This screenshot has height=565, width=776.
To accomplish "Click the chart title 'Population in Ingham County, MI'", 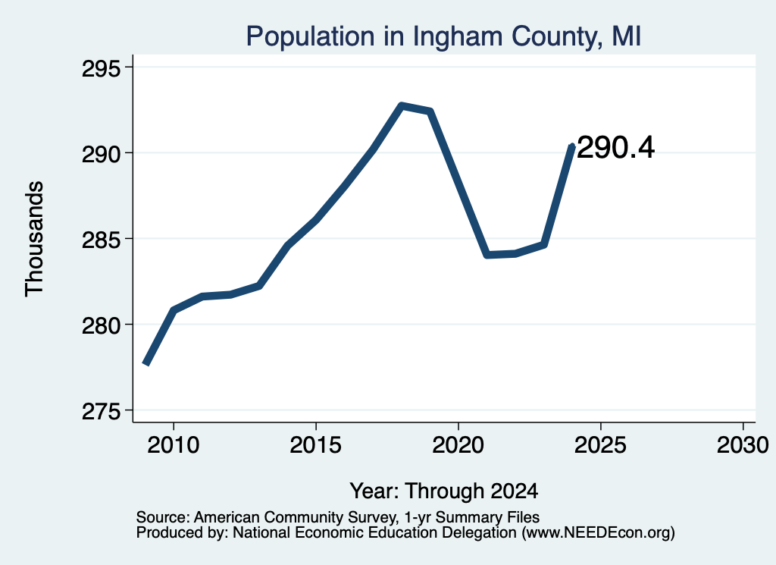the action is click(x=443, y=36).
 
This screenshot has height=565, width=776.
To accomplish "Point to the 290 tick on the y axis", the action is click(x=101, y=154).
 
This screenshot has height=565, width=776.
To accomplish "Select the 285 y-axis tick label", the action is click(x=101, y=240).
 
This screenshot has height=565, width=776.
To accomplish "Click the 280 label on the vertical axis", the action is click(x=101, y=326).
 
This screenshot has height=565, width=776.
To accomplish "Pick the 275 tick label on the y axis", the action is click(x=101, y=412).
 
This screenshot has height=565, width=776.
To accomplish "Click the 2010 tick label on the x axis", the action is click(x=174, y=444).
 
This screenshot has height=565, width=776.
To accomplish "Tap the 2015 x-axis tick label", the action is click(x=316, y=444).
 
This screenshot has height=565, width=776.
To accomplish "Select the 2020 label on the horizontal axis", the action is click(x=458, y=444).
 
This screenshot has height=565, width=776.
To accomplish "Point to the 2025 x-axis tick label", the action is click(x=600, y=444).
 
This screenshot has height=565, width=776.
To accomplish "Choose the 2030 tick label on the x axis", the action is click(x=743, y=444).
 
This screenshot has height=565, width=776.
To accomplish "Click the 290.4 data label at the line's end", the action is click(x=615, y=148).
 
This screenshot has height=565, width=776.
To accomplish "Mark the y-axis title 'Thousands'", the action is click(x=34, y=239).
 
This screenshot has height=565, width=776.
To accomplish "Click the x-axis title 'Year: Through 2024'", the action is click(x=444, y=491).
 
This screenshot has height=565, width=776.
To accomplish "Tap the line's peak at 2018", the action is click(x=402, y=105).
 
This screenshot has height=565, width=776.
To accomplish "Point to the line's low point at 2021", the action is click(x=487, y=255).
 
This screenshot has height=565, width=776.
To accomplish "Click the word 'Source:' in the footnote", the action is click(x=163, y=517).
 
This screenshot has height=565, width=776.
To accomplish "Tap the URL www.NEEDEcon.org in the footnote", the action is click(x=598, y=533).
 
